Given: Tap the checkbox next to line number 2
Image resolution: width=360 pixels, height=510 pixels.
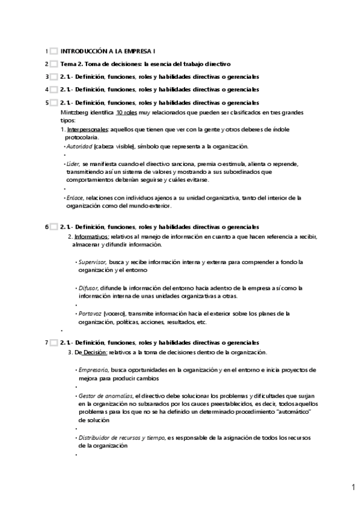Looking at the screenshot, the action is click(x=54, y=64).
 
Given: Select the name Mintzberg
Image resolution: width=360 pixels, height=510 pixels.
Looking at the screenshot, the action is click(x=75, y=112).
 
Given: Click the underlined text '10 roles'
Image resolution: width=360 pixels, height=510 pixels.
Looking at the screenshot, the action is click(x=127, y=112).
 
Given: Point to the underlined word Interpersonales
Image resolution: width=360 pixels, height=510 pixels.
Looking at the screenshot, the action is click(x=87, y=130).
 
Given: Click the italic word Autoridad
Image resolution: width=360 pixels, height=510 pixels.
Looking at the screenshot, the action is click(x=79, y=146).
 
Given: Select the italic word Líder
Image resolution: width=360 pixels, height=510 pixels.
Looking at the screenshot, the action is click(x=73, y=164).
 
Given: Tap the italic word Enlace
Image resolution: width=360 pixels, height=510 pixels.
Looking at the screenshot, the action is click(x=75, y=197).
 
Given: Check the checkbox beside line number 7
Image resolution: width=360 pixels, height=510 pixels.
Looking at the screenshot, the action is click(x=54, y=343).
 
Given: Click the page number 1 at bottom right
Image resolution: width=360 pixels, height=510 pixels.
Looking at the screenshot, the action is click(x=353, y=488).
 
